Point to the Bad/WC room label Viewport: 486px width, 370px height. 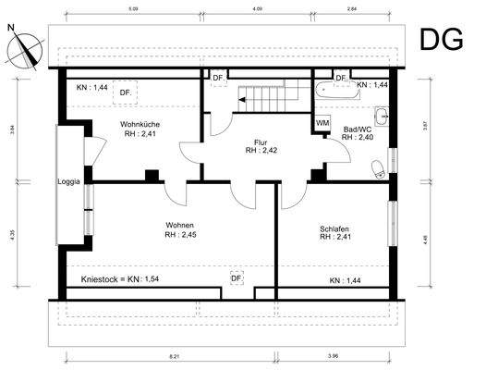pos(357,129)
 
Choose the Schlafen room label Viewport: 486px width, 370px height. pos(335,230)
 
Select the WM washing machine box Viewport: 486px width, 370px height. pos(323,122)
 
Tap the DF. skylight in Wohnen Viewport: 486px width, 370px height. pos(237,277)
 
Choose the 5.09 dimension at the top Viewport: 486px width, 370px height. pos(134,9)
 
